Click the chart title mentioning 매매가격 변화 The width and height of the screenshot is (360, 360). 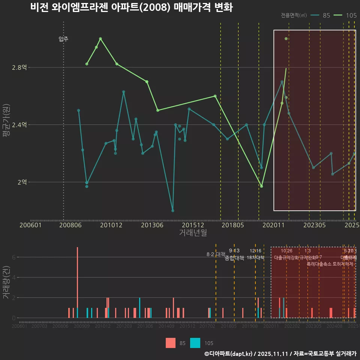(131, 7)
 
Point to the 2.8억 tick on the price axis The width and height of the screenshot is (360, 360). (19, 67)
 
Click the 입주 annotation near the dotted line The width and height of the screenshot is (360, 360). (63, 39)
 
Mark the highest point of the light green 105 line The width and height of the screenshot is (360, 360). (100, 39)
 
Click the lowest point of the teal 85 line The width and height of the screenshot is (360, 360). (172, 211)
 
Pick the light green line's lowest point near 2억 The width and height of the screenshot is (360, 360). (261, 186)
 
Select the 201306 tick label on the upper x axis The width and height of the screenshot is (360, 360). (151, 225)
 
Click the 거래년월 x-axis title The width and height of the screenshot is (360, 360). (193, 233)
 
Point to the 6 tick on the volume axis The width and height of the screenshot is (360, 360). (13, 257)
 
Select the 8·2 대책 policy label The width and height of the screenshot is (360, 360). (216, 254)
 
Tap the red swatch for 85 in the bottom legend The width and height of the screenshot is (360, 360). (170, 343)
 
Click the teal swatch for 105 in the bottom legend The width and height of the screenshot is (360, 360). (195, 343)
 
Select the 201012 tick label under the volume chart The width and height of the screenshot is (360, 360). (103, 327)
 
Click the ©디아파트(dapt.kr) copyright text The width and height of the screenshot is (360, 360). (228, 354)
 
